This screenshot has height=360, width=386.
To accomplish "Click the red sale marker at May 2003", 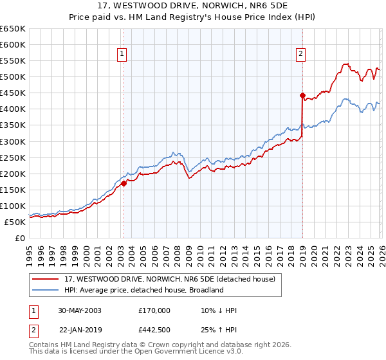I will [124, 183].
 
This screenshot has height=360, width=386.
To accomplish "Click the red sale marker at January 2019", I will [302, 95].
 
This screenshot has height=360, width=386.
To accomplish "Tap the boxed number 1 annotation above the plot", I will [122, 55].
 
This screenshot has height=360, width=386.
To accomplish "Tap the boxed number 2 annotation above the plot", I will [300, 55].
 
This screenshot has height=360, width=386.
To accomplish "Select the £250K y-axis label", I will [13, 157].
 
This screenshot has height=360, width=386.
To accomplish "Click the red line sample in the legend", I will [46, 279].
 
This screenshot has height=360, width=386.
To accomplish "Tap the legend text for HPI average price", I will [143, 290].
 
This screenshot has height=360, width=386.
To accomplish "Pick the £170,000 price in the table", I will [154, 310].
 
